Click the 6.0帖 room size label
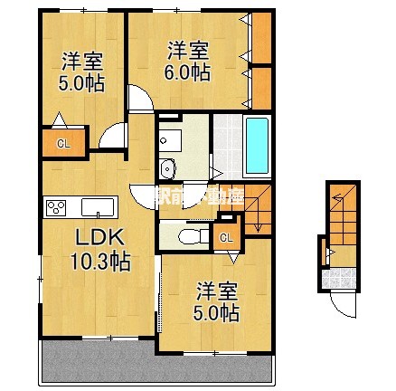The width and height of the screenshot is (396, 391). pyautogui.click(x=189, y=72)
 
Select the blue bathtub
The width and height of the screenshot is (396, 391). pyautogui.click(x=258, y=147)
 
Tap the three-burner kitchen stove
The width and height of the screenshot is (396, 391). pyautogui.click(x=56, y=208)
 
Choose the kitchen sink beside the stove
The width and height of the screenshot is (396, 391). pyautogui.click(x=94, y=208)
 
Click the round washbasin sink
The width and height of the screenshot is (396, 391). pyautogui.click(x=167, y=171)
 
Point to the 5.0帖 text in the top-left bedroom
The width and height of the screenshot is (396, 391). pyautogui.click(x=80, y=83)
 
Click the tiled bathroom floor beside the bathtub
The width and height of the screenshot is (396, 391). pyautogui.click(x=227, y=145)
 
